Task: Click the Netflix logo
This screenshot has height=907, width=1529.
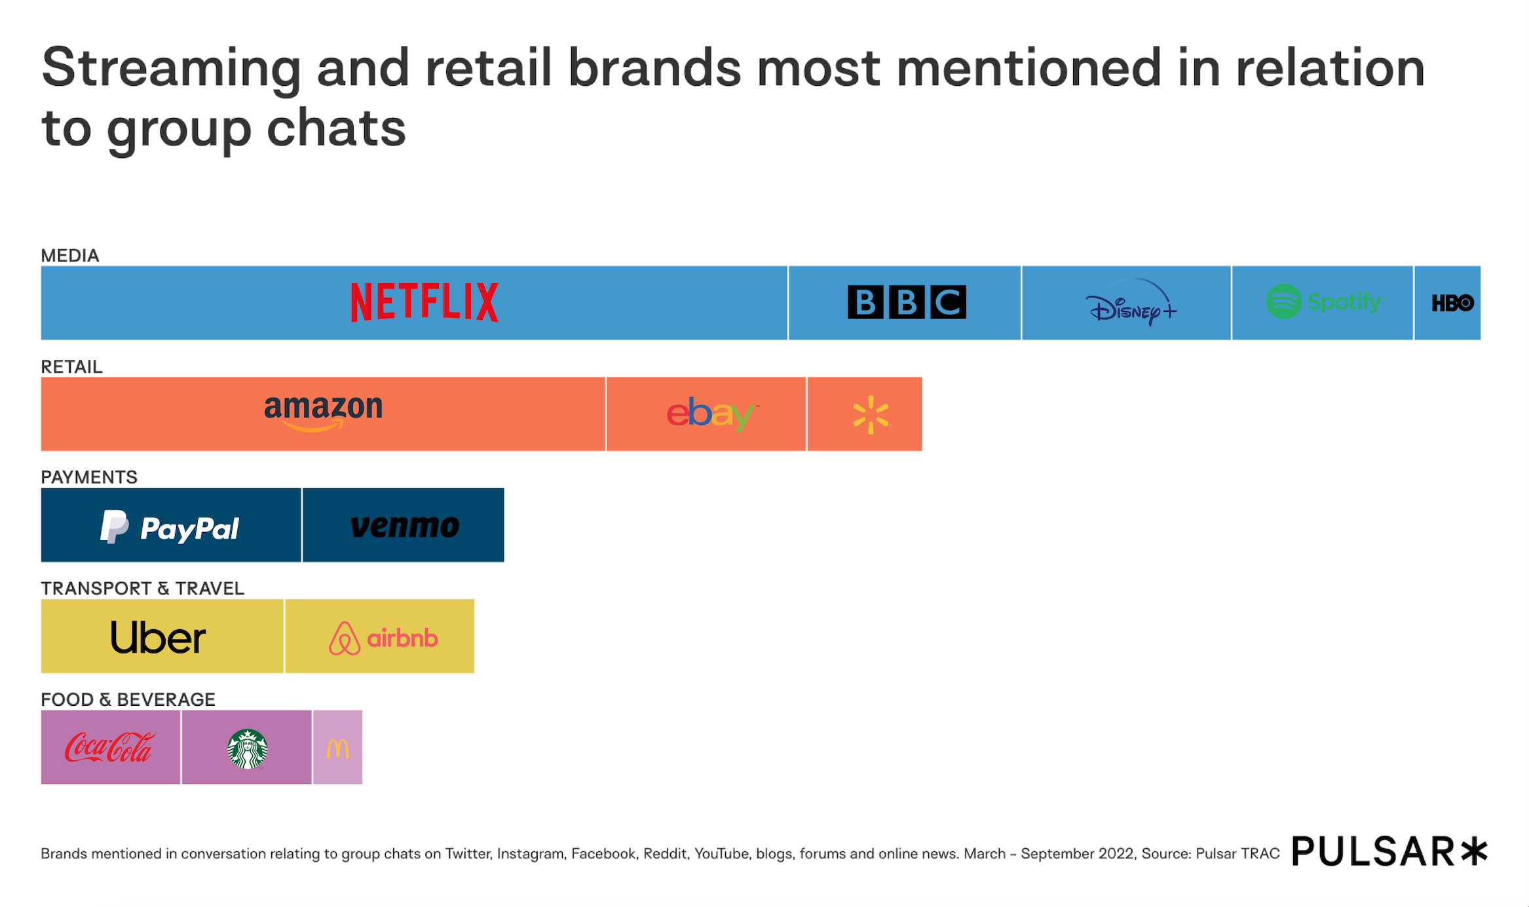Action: pos(425,302)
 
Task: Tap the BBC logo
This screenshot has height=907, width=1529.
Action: pos(907,302)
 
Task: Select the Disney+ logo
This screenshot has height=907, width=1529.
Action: pos(1131,303)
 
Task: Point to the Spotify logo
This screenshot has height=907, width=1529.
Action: pos(1323,302)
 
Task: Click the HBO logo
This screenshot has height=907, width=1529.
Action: pos(1452,303)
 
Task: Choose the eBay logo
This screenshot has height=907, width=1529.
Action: pos(711,414)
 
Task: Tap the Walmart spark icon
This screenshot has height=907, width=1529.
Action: pos(871,415)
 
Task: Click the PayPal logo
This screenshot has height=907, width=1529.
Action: pos(170,527)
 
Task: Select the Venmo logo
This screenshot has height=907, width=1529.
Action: pos(405,526)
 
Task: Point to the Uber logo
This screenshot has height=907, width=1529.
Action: pos(158,637)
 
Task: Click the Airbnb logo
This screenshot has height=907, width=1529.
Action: pos(383,638)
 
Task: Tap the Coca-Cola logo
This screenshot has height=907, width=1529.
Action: pos(110,748)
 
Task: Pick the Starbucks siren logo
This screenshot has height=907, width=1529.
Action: pos(247,748)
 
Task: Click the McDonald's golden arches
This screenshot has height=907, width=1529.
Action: pos(338,748)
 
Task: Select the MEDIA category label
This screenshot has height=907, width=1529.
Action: pos(70,256)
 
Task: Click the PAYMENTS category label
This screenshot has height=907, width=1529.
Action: pos(89,477)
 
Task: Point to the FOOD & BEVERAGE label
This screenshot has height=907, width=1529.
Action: pos(128,699)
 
